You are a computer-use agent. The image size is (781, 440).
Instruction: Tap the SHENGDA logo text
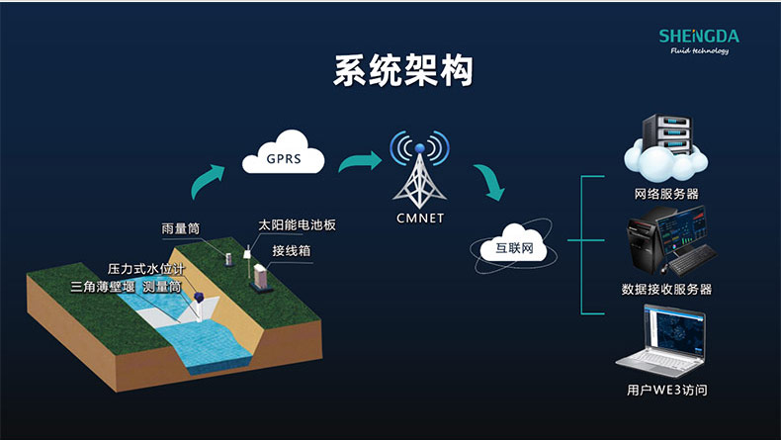(x=698, y=37)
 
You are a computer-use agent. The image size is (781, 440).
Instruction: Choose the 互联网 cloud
(x=513, y=247)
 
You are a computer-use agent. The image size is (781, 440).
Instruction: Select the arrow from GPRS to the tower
(x=360, y=159)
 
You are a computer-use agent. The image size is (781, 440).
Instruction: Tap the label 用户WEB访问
(x=666, y=390)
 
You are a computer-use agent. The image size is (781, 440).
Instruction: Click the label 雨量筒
(x=181, y=228)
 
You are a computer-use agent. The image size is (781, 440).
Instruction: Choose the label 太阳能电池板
(x=297, y=225)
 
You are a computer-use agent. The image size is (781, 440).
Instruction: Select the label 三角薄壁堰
(x=104, y=287)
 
